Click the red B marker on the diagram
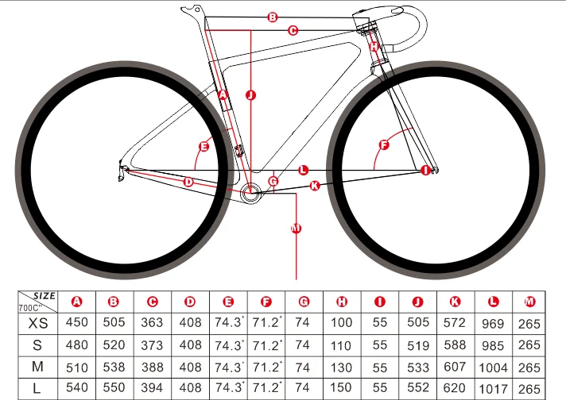pyautogui.click(x=272, y=17)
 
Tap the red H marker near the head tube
pyautogui.click(x=374, y=47)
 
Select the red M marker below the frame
pyautogui.click(x=297, y=229)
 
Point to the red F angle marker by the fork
pyautogui.click(x=385, y=145)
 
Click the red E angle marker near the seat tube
pyautogui.click(x=204, y=147)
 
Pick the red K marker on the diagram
pyautogui.click(x=314, y=186)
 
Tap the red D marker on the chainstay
pyautogui.click(x=188, y=182)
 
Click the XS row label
pyautogui.click(x=37, y=323)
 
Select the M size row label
pyautogui.click(x=37, y=367)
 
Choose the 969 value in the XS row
pyautogui.click(x=494, y=323)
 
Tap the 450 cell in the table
pyautogui.click(x=77, y=323)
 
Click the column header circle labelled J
pyautogui.click(x=417, y=302)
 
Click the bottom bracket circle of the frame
pyautogui.click(x=252, y=190)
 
